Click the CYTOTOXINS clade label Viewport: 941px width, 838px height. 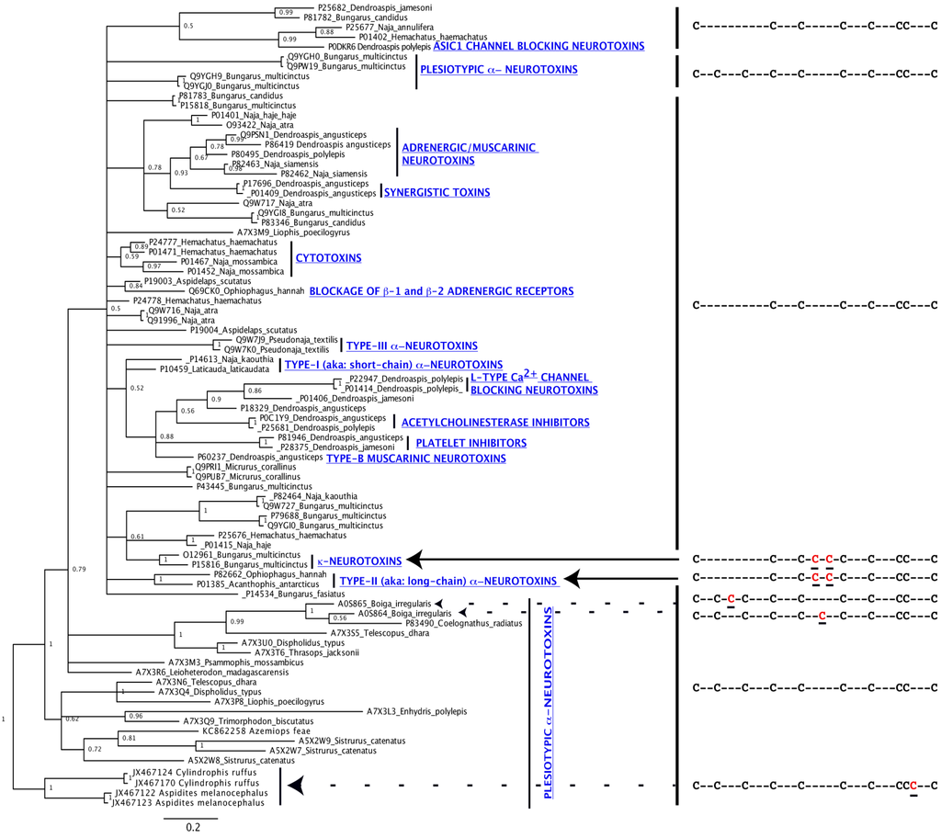pyautogui.click(x=329, y=258)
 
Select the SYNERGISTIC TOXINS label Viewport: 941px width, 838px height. pyautogui.click(x=437, y=192)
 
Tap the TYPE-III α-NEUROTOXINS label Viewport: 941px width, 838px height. pyautogui.click(x=412, y=345)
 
